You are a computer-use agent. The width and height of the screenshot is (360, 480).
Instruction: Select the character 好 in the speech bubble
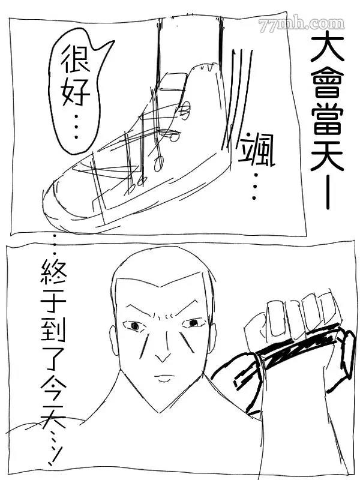[76, 92]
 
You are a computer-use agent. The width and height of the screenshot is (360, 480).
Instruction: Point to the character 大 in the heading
[327, 46]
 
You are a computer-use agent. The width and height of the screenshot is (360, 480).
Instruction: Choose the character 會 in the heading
[327, 82]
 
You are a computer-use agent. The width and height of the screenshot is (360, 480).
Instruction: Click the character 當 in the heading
[327, 119]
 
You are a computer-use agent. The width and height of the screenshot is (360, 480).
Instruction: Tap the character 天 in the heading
[327, 156]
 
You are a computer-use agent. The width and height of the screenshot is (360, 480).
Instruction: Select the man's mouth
[164, 378]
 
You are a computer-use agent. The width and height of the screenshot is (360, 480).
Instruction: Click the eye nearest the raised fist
[193, 323]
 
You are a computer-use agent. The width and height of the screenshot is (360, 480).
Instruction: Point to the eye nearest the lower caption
[134, 326]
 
